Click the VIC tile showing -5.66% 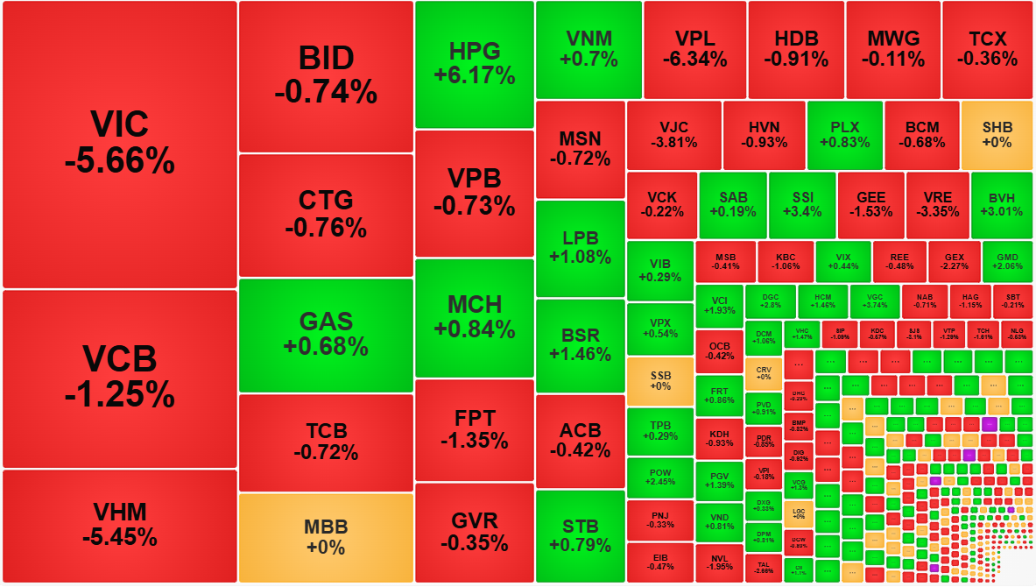pyautogui.click(x=120, y=144)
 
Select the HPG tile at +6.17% pyautogui.click(x=475, y=64)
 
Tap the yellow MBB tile pyautogui.click(x=326, y=537)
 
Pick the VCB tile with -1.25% pyautogui.click(x=120, y=378)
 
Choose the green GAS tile pyautogui.click(x=326, y=335)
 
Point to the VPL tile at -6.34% pyautogui.click(x=694, y=49)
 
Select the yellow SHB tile pyautogui.click(x=997, y=135)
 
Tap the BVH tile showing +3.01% pyautogui.click(x=1000, y=205)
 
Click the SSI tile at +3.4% pyautogui.click(x=801, y=205)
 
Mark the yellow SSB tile pyautogui.click(x=660, y=380)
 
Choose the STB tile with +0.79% pyautogui.click(x=580, y=535)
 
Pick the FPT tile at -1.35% pyautogui.click(x=475, y=429)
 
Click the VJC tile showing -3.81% pyautogui.click(x=673, y=135)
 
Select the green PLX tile pyautogui.click(x=844, y=135)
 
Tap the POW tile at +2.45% pyautogui.click(x=660, y=477)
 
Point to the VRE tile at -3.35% pyautogui.click(x=936, y=205)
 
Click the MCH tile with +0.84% pyautogui.click(x=475, y=317)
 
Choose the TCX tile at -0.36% pyautogui.click(x=987, y=49)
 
